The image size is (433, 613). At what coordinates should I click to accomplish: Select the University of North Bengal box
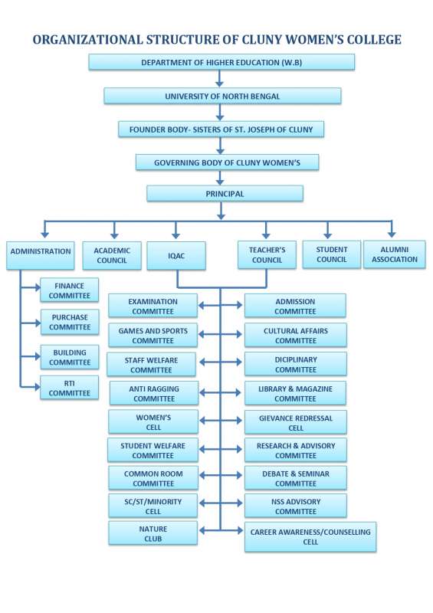tap(222, 97)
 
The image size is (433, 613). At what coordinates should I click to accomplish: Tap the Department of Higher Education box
tap(221, 63)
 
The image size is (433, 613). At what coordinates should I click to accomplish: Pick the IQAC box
tap(176, 255)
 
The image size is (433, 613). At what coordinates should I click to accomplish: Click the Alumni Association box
tap(394, 254)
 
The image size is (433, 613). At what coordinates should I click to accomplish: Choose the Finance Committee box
tap(70, 290)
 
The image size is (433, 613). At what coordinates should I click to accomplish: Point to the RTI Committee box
tap(70, 388)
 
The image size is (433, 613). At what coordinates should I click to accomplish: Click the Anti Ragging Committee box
tap(154, 394)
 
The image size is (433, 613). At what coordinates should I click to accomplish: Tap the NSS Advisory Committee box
tap(295, 506)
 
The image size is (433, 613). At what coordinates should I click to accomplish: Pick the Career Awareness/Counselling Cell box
tap(310, 536)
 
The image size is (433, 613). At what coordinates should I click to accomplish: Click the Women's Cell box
tap(153, 422)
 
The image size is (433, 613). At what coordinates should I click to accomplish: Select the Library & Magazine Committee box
tap(295, 394)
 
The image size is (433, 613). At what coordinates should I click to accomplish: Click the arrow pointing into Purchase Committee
tap(37, 323)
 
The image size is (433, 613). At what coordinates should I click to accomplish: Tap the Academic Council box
tap(112, 255)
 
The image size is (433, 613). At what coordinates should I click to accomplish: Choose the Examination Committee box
tap(153, 306)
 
